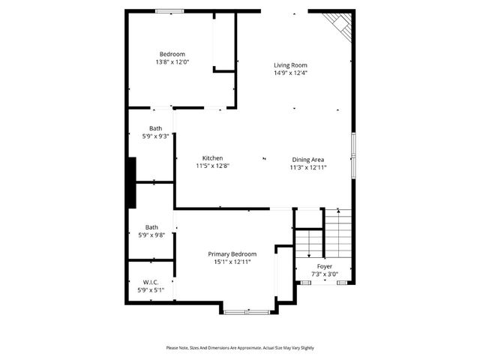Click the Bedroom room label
(172, 53)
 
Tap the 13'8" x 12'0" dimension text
(172, 62)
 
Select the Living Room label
(289, 65)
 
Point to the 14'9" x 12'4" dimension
(289, 73)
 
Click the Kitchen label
(212, 157)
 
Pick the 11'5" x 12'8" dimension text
(212, 166)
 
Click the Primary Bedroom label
(232, 253)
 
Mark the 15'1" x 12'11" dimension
(232, 262)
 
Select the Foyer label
(325, 266)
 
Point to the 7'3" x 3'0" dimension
(325, 274)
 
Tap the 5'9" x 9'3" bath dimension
(155, 136)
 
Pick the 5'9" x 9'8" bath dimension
(151, 235)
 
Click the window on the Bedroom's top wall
(169, 10)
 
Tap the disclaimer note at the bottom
(240, 348)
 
